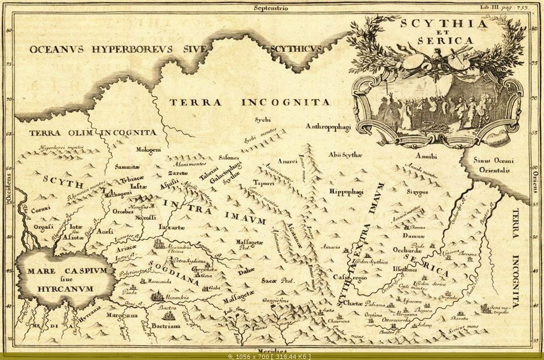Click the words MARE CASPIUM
65,271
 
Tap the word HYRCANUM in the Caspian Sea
66,288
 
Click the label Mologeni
148,150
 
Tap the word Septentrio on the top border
271,8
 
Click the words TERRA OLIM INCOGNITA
93,132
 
